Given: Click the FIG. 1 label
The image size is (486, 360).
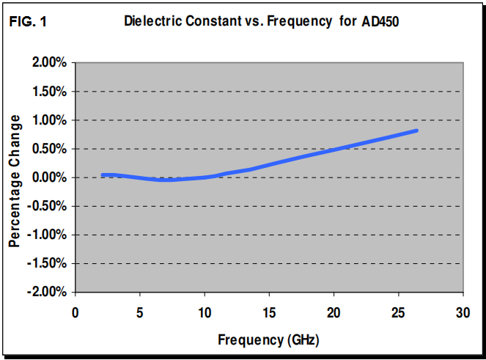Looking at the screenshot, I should [x=28, y=21].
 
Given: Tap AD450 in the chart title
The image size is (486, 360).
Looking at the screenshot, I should [x=380, y=21].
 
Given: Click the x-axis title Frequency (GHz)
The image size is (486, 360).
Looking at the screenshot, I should [x=268, y=340].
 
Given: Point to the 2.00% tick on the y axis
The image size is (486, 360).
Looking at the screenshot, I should [x=50, y=63].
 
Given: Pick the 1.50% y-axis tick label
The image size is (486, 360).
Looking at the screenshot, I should [x=50, y=92].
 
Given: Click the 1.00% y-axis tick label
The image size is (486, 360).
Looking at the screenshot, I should [x=50, y=120].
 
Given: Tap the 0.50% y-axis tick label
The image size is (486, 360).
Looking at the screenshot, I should [x=50, y=149].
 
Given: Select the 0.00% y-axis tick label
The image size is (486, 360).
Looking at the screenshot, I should [x=50, y=177].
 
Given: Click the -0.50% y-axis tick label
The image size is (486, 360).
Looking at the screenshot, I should [x=48, y=206].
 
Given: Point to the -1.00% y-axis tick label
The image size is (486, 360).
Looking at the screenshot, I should [x=48, y=235].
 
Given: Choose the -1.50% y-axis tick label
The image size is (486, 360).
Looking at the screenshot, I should [x=48, y=263].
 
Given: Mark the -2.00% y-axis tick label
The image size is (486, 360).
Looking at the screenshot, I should [x=48, y=292].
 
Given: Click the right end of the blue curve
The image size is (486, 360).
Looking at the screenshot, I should [x=416, y=131].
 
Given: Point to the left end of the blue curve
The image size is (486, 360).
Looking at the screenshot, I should [x=103, y=175].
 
